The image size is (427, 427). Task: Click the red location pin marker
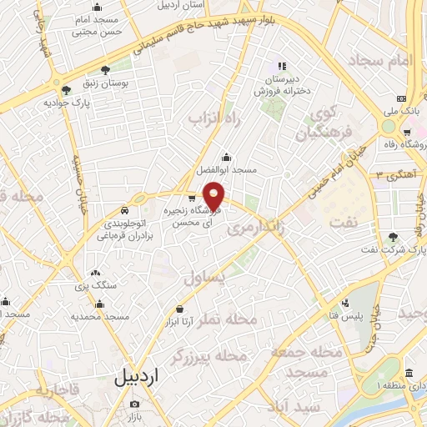(x=214, y=196)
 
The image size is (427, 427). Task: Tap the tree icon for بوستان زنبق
(x=105, y=71)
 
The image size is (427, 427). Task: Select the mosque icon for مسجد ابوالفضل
(x=226, y=156)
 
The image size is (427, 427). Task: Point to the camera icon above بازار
(x=134, y=404)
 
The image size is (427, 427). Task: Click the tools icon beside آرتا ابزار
(x=179, y=309)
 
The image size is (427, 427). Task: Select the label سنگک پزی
(x=95, y=272)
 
